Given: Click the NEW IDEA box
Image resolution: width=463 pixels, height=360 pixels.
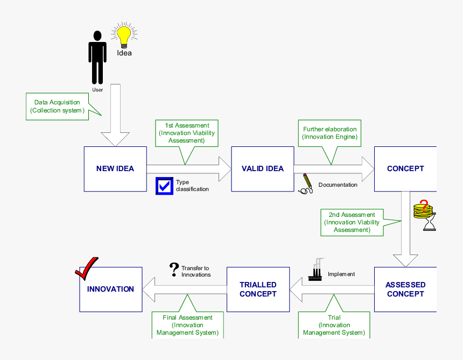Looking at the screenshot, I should (x=115, y=168).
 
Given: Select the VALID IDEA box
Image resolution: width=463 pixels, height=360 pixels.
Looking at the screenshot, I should (x=262, y=168).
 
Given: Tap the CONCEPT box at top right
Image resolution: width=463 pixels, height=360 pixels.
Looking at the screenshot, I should (x=405, y=168).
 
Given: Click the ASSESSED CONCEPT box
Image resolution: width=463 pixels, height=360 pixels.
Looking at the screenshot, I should (x=405, y=290).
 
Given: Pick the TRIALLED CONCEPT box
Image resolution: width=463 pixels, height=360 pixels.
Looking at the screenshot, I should (x=258, y=290).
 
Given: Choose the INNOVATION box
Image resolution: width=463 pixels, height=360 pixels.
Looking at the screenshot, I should (x=110, y=289).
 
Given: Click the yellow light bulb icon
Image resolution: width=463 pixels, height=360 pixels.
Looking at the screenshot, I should (x=124, y=36).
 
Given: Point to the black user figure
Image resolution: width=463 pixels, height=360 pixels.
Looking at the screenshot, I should (x=97, y=57).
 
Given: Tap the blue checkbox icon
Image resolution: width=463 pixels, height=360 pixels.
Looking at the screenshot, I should (x=164, y=186).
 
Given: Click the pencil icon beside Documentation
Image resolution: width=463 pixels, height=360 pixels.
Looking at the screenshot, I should (x=306, y=183).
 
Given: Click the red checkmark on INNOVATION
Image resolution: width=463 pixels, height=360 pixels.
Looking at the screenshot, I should (x=86, y=269).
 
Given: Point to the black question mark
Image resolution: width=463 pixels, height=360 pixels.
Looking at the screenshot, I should (x=174, y=269).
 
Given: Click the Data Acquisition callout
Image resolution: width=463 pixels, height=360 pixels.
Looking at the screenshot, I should (x=58, y=106).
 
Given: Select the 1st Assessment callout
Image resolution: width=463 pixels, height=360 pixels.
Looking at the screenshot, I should (x=187, y=133).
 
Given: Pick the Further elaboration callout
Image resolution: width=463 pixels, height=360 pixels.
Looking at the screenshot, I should (x=329, y=133).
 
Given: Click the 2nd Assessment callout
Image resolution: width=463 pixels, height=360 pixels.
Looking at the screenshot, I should (x=352, y=222).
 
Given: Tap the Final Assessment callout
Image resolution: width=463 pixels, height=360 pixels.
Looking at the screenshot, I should (x=187, y=325).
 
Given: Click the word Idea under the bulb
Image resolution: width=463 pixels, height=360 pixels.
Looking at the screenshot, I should (x=124, y=53).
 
